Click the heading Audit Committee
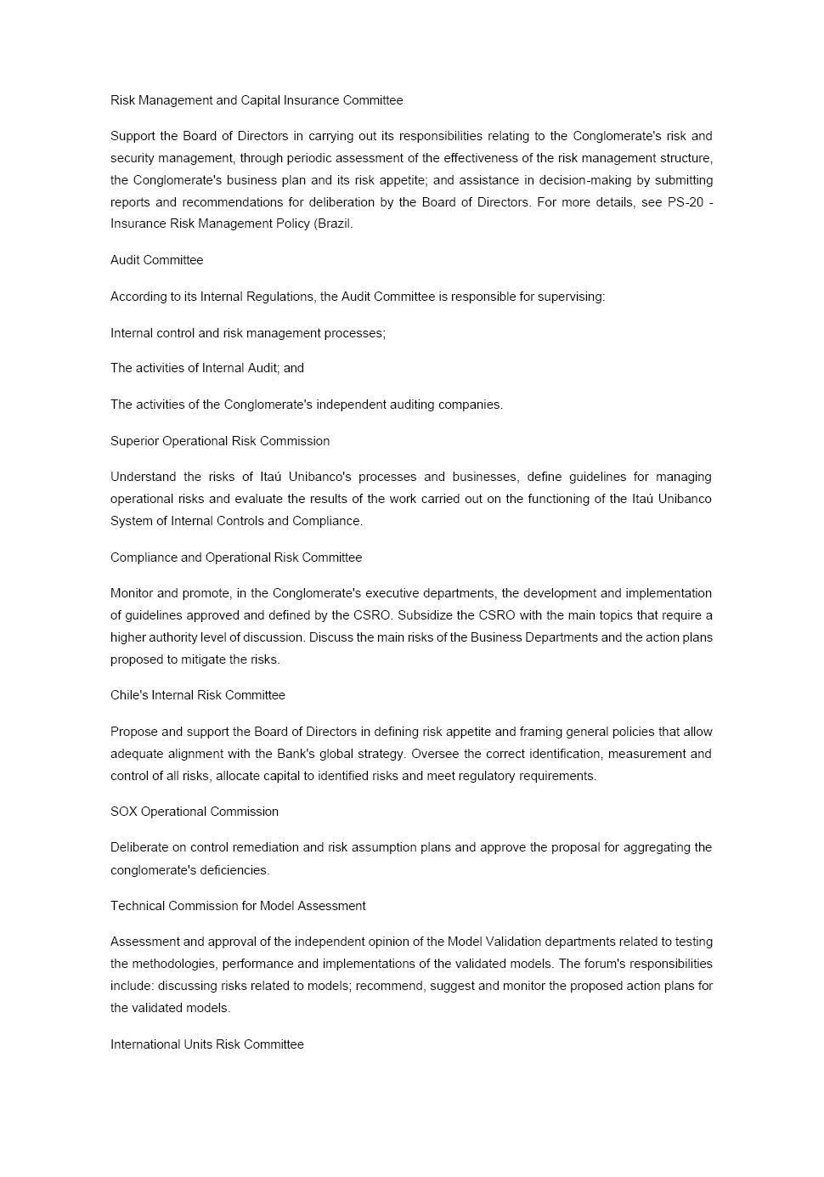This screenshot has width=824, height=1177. [156, 260]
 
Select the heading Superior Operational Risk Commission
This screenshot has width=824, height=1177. [220, 441]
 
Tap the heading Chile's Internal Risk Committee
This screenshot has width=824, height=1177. [198, 695]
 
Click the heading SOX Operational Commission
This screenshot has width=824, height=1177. [195, 812]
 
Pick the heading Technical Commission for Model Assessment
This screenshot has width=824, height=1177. [238, 906]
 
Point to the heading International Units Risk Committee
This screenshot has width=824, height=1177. [207, 1044]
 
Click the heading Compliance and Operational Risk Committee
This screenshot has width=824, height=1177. [236, 557]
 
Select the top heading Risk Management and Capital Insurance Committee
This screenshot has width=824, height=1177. [257, 100]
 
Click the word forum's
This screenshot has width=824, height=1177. [608, 964]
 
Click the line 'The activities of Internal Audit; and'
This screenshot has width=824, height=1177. [207, 368]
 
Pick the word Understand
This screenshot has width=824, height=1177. [144, 477]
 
